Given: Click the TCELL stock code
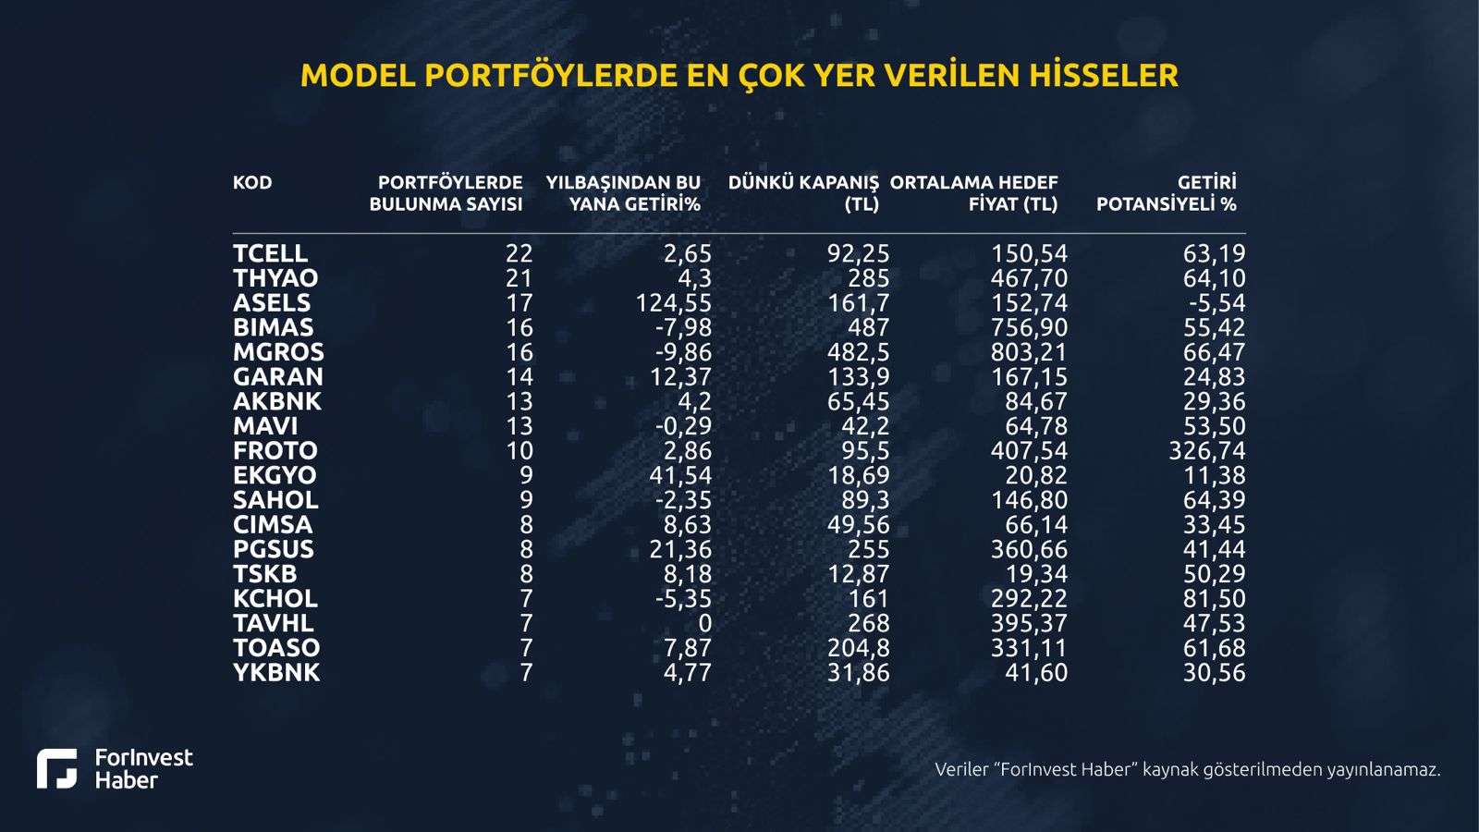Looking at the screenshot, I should tap(270, 253).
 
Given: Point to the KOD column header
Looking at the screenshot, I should tap(252, 182).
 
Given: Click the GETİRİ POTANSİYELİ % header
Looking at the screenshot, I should tap(1167, 193).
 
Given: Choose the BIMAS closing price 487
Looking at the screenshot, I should tap(868, 327).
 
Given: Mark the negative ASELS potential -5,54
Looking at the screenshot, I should tap(1215, 303).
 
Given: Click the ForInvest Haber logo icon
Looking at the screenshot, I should tap(57, 768).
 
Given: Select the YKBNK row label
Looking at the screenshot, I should tap(276, 672).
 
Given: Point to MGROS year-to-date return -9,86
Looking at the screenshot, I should tap(681, 352).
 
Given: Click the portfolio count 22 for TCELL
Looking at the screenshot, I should tap(519, 253).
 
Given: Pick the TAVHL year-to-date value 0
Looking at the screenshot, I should tap(704, 623).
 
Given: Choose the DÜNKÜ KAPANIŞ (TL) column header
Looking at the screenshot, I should tap(803, 193).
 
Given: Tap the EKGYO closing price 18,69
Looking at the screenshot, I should tap(858, 475).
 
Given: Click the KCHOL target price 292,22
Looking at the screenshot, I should tap(1029, 598).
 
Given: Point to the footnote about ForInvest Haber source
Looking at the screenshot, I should tap(1187, 769).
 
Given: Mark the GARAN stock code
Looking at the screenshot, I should tap(277, 376).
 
